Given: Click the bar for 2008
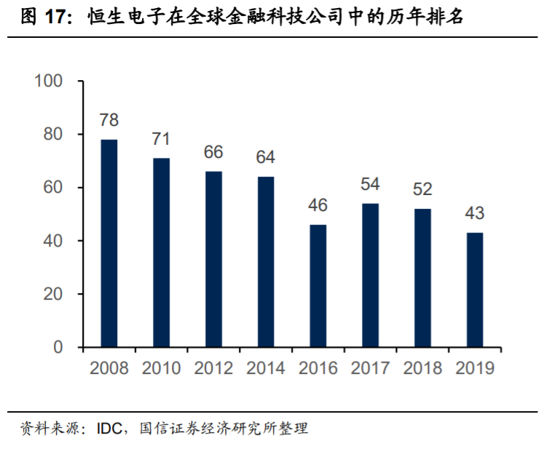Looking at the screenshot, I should coord(109,243).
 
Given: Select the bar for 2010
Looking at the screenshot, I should coord(161,252).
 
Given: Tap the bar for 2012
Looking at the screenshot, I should coord(213,259).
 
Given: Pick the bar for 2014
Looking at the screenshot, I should coord(266,262).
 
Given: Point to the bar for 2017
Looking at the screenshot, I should coord(370,275).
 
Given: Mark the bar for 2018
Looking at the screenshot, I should coord(422,278).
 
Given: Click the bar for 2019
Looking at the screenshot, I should coord(474,290).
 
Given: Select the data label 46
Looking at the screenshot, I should coord(318,206).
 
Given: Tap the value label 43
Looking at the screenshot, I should coord(474,214).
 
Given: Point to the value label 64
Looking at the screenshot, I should coord(266,158).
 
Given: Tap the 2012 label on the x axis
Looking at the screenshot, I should coord(213,368).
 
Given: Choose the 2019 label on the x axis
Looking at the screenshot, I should coord(474,368).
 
